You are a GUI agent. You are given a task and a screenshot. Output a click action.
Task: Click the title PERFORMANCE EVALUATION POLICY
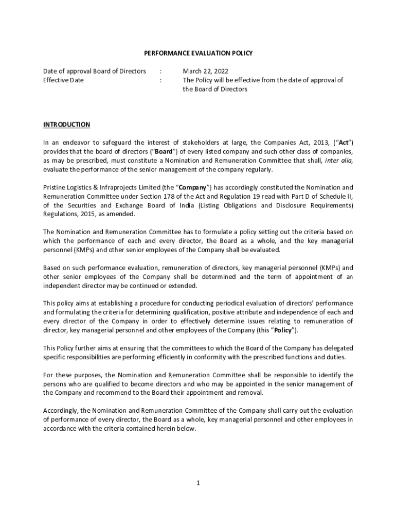(x=197, y=53)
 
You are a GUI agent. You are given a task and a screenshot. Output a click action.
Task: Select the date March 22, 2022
(x=206, y=71)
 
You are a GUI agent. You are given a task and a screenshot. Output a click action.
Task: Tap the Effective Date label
(x=63, y=80)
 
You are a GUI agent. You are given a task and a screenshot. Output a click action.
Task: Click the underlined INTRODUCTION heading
(x=66, y=125)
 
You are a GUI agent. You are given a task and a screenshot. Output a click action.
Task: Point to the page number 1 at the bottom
(x=197, y=483)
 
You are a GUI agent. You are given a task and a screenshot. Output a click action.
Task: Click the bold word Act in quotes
(x=345, y=143)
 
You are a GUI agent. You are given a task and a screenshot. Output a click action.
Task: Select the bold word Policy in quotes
(x=282, y=330)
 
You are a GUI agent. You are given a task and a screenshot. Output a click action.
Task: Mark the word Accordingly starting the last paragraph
(x=59, y=411)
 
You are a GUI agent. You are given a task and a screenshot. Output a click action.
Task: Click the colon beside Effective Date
(x=161, y=80)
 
